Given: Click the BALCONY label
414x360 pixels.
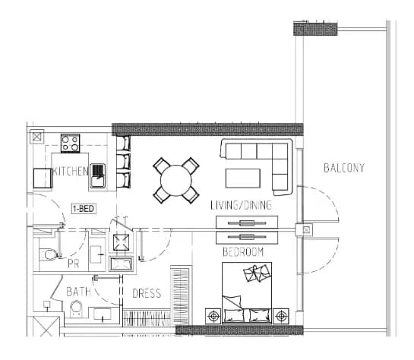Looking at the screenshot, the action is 344,168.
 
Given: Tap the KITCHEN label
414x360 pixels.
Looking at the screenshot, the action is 71,172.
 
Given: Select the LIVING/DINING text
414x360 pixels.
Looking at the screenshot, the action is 241,205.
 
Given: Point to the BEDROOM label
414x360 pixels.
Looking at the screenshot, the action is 243,252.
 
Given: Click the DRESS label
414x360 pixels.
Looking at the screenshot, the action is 147,293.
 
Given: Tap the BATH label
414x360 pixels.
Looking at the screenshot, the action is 78,292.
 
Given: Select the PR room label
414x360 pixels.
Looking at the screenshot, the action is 74,264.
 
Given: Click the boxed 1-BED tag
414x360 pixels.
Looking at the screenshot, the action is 84,209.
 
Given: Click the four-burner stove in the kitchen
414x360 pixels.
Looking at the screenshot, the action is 70,144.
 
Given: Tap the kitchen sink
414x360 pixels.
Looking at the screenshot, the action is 98,175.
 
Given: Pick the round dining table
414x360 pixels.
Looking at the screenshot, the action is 175,181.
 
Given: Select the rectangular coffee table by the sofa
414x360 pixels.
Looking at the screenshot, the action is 243,178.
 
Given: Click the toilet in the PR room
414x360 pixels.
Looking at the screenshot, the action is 49,254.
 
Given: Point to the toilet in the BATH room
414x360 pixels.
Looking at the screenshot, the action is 76,309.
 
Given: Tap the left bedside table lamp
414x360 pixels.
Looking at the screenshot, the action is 213,316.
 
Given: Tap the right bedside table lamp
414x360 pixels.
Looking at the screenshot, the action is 281,316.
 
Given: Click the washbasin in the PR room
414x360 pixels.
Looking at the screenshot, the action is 96,254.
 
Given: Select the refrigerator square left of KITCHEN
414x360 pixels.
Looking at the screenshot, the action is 43,178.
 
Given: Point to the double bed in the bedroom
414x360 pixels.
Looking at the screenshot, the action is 247,292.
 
